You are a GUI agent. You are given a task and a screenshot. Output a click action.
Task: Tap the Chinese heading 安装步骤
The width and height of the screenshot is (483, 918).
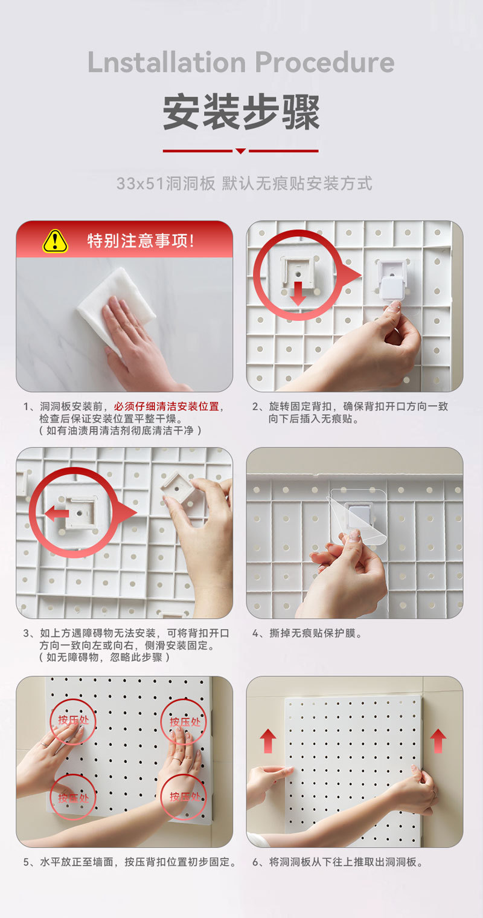241,112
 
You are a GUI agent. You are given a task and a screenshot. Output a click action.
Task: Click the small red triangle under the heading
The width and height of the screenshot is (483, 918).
240,151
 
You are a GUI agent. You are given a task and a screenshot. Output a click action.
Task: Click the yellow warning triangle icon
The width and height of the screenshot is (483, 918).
55,241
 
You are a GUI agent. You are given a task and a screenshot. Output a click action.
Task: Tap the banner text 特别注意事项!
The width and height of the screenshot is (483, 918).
141,241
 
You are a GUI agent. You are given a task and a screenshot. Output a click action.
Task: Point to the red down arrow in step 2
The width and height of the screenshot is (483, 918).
298,293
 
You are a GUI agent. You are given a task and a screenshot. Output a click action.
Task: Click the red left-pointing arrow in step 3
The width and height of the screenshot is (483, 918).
57,514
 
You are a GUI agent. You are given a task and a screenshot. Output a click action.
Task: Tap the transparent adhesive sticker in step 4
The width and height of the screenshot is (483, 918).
357,511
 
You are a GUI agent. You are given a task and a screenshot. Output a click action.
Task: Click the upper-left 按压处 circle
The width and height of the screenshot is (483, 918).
73,720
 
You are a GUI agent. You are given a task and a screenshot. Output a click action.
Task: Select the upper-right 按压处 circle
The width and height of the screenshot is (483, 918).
184,722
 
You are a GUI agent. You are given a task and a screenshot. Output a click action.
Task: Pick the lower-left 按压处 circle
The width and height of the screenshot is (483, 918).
73,797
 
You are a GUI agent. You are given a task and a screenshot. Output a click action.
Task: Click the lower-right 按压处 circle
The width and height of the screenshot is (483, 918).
184,796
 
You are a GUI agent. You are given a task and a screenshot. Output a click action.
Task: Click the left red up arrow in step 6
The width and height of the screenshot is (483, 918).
268,741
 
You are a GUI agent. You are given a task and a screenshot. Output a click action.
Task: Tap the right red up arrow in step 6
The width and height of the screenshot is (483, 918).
438,741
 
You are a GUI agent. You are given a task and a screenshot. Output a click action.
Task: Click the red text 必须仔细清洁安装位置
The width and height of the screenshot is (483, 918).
166,406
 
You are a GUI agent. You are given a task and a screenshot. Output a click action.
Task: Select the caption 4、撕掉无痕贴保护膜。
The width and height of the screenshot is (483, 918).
307,633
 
